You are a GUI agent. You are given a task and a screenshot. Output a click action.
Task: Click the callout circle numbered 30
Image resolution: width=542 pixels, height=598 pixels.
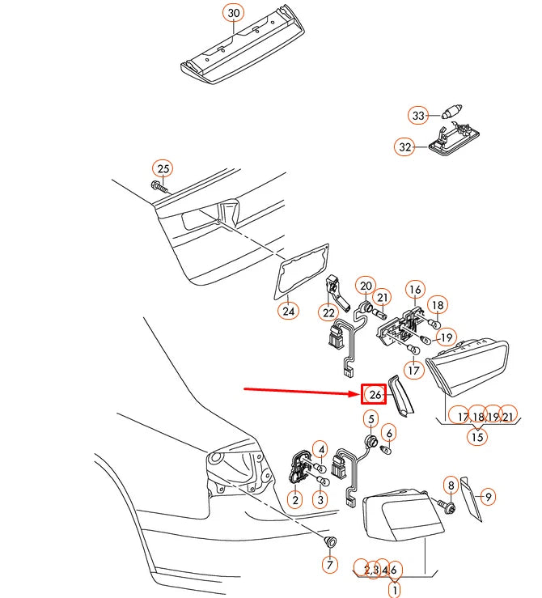(233, 13)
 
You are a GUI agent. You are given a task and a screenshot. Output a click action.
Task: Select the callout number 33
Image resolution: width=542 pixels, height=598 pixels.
(418, 115)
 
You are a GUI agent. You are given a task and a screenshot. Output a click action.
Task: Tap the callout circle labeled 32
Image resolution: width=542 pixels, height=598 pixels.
(404, 146)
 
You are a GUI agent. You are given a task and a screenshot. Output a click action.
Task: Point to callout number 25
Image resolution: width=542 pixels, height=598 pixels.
(163, 169)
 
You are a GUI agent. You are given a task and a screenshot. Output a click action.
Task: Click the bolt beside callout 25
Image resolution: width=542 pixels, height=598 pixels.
(159, 187)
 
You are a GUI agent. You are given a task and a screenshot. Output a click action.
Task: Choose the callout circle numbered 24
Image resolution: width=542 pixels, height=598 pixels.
(289, 311)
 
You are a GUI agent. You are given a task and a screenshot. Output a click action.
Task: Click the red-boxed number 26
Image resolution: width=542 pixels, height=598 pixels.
(374, 394)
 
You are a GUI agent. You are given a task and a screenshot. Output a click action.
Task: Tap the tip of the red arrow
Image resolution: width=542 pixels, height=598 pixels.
(360, 393)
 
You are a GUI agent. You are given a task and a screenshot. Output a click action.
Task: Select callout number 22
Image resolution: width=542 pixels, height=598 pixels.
(328, 312)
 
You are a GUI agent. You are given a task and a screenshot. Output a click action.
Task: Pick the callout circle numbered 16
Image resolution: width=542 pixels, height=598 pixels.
(415, 290)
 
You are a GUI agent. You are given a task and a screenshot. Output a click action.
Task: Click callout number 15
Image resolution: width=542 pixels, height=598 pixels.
(477, 436)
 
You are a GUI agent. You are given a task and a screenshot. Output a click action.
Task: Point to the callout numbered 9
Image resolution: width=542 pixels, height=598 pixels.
(488, 497)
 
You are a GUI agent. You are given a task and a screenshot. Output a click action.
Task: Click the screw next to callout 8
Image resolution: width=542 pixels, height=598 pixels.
(445, 506)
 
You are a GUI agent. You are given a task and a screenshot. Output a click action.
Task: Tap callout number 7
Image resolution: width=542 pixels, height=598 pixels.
(330, 564)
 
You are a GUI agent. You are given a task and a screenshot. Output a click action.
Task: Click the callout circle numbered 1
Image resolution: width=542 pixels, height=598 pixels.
(395, 590)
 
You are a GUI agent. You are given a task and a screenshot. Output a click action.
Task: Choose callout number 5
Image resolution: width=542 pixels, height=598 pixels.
(371, 419)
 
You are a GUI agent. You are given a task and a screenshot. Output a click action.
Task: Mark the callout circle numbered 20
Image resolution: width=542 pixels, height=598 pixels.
(366, 286)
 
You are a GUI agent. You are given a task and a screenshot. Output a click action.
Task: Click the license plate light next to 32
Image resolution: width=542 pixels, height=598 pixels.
(454, 139)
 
